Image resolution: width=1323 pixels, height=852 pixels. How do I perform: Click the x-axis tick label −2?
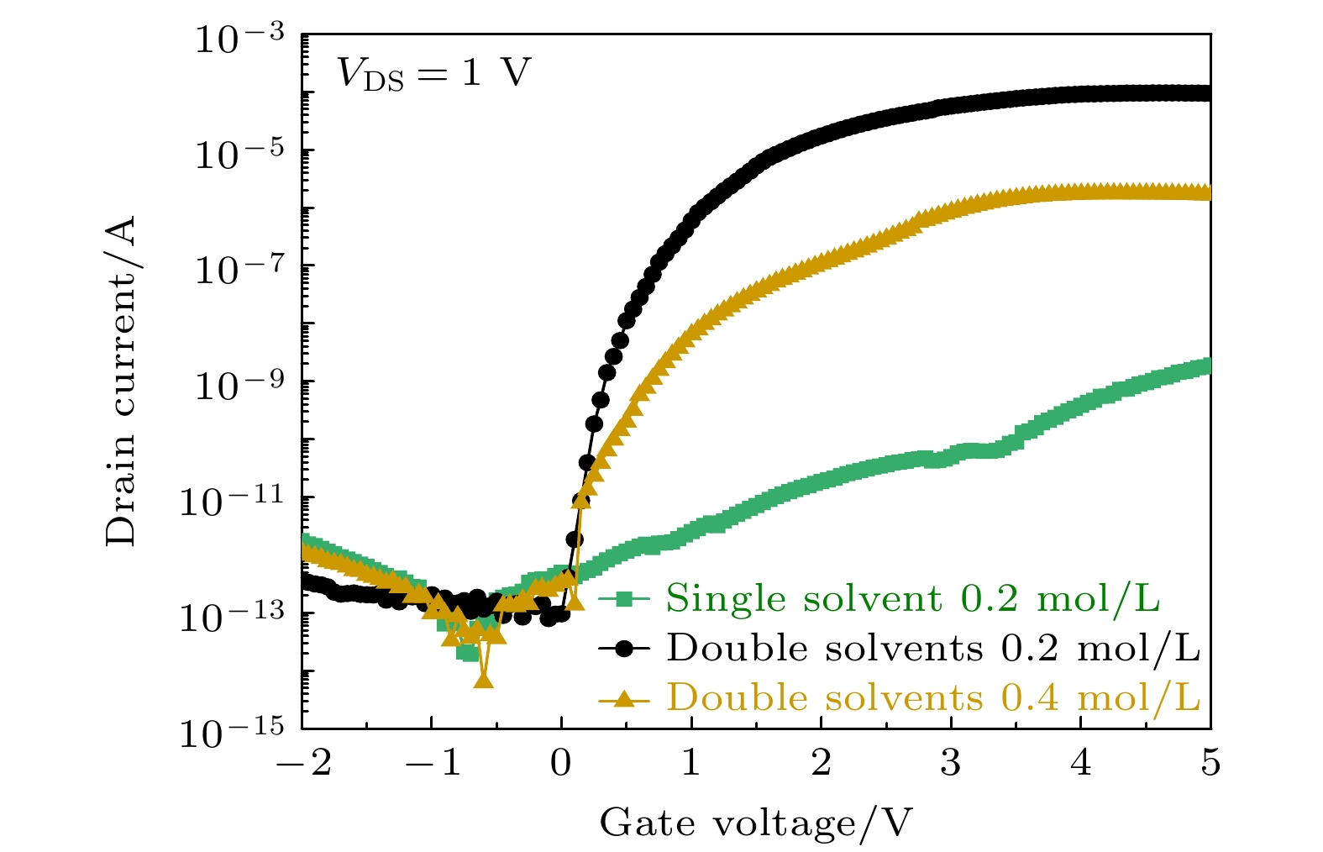[x=308, y=765]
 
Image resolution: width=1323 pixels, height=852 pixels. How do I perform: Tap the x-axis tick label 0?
[x=561, y=765]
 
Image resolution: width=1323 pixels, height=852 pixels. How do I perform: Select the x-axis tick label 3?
[x=950, y=765]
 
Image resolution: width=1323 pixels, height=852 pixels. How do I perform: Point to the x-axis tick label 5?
[x=1210, y=765]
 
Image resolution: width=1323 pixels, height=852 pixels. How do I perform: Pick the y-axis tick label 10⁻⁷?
[x=240, y=271]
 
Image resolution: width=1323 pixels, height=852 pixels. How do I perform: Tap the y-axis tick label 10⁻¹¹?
[x=233, y=502]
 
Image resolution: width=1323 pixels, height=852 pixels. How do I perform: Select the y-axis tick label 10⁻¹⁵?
[x=233, y=734]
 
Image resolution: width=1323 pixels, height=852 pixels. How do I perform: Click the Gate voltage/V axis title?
[x=755, y=823]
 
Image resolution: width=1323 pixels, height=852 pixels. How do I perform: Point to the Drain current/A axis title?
[x=121, y=381]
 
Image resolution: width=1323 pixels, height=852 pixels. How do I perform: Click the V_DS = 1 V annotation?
[x=433, y=73]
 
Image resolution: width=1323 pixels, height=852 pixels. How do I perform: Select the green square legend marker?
[x=624, y=599]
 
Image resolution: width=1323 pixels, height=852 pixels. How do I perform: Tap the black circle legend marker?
[x=624, y=649]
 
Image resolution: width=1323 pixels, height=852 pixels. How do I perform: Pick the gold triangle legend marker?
[x=624, y=698]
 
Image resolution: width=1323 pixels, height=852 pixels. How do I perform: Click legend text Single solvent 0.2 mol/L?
[x=912, y=599]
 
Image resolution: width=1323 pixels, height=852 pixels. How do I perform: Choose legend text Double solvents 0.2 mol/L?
[x=932, y=649]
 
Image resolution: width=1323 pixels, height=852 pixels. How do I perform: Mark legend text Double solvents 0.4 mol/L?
[x=932, y=698]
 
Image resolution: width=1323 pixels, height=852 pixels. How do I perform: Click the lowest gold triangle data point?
[x=483, y=679]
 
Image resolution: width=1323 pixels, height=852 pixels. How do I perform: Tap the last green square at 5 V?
[x=1207, y=366]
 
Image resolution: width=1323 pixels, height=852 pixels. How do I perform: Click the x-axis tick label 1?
[x=690, y=765]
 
